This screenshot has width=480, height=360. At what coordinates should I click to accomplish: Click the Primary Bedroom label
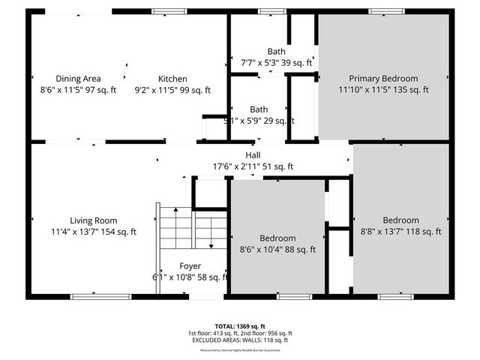tap(383, 78)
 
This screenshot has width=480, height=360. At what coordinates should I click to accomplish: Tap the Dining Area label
tap(78, 79)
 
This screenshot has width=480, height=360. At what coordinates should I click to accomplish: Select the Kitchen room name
tap(172, 79)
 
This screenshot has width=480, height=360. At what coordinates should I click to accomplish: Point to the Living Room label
tap(94, 220)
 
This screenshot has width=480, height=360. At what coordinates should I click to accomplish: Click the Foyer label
tap(190, 266)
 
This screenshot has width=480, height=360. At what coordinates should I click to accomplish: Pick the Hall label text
tap(253, 155)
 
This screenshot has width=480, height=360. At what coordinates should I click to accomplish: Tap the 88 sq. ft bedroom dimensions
tap(277, 250)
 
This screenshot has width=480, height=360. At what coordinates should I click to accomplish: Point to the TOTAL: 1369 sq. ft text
tap(240, 326)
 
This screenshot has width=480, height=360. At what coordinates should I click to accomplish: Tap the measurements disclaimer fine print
tap(240, 350)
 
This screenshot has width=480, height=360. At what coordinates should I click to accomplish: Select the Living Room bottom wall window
tap(94, 296)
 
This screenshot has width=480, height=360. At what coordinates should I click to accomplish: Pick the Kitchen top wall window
tap(165, 11)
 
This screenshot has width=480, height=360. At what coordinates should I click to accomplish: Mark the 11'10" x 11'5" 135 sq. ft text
tap(383, 90)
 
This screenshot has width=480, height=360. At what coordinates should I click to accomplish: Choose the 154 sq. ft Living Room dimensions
tap(94, 232)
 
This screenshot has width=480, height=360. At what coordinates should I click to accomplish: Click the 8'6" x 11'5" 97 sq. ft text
tap(78, 90)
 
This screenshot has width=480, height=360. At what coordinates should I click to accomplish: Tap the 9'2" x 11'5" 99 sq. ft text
tap(172, 90)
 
